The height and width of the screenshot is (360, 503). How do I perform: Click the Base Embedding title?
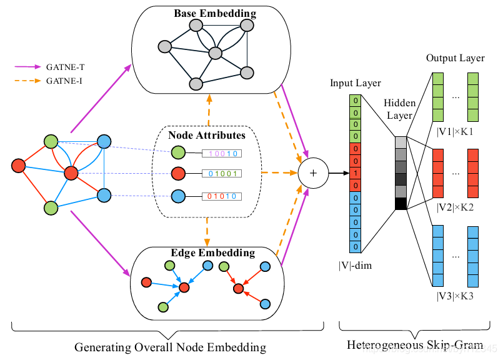206,13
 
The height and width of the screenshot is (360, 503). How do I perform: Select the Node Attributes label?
206,134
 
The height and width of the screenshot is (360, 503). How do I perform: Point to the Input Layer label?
355,83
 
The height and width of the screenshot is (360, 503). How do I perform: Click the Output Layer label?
455,57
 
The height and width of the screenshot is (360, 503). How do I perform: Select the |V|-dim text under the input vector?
354,265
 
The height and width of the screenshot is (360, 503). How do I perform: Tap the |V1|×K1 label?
455,132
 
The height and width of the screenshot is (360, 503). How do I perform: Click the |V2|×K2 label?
455,207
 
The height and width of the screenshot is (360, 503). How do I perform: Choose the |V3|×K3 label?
455,295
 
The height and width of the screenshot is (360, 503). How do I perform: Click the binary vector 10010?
222,152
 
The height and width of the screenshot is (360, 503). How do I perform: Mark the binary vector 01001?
222,174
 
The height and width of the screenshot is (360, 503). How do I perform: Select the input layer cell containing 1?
355,172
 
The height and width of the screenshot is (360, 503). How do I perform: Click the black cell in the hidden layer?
400,204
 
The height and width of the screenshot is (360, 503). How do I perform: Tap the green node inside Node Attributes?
178,152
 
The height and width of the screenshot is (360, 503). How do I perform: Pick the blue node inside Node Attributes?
178,195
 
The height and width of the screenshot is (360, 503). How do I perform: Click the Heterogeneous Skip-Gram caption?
414,345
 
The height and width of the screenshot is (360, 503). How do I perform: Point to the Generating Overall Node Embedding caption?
170,347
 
